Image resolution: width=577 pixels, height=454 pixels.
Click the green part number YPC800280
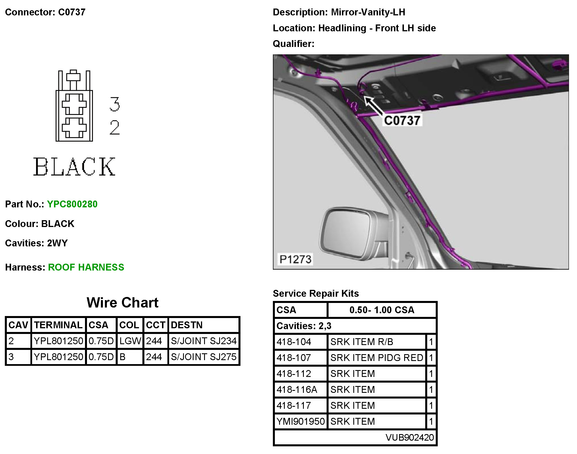coord(72,204)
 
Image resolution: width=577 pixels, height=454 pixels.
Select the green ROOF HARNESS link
coord(86,267)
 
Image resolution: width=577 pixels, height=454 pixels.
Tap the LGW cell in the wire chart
coord(130,341)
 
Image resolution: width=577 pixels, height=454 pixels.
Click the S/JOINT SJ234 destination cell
coord(204,341)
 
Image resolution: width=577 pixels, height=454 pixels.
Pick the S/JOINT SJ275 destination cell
coord(204,357)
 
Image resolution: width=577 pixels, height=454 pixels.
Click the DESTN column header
coord(186,325)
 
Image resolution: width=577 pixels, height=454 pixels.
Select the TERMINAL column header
coord(58,325)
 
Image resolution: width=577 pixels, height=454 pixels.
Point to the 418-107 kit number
coord(294,358)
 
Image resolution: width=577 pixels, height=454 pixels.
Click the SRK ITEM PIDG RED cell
coord(377,358)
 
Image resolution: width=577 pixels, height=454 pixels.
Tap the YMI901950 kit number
coord(300,421)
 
